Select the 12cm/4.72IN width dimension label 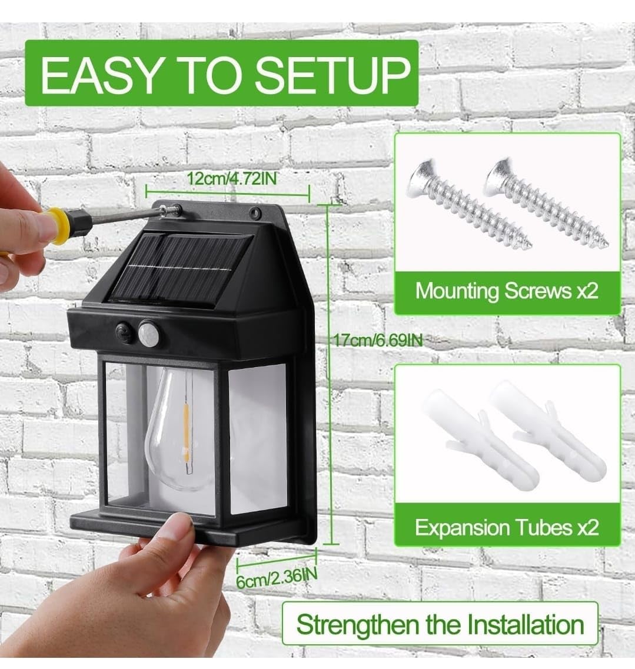click(232, 178)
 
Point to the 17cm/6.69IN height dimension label click(378, 340)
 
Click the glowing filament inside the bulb click(187, 433)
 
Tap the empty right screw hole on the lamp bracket click(255, 211)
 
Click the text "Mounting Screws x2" click(507, 291)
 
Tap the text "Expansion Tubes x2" click(507, 527)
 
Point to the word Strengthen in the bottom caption click(357, 625)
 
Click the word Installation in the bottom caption click(526, 625)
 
